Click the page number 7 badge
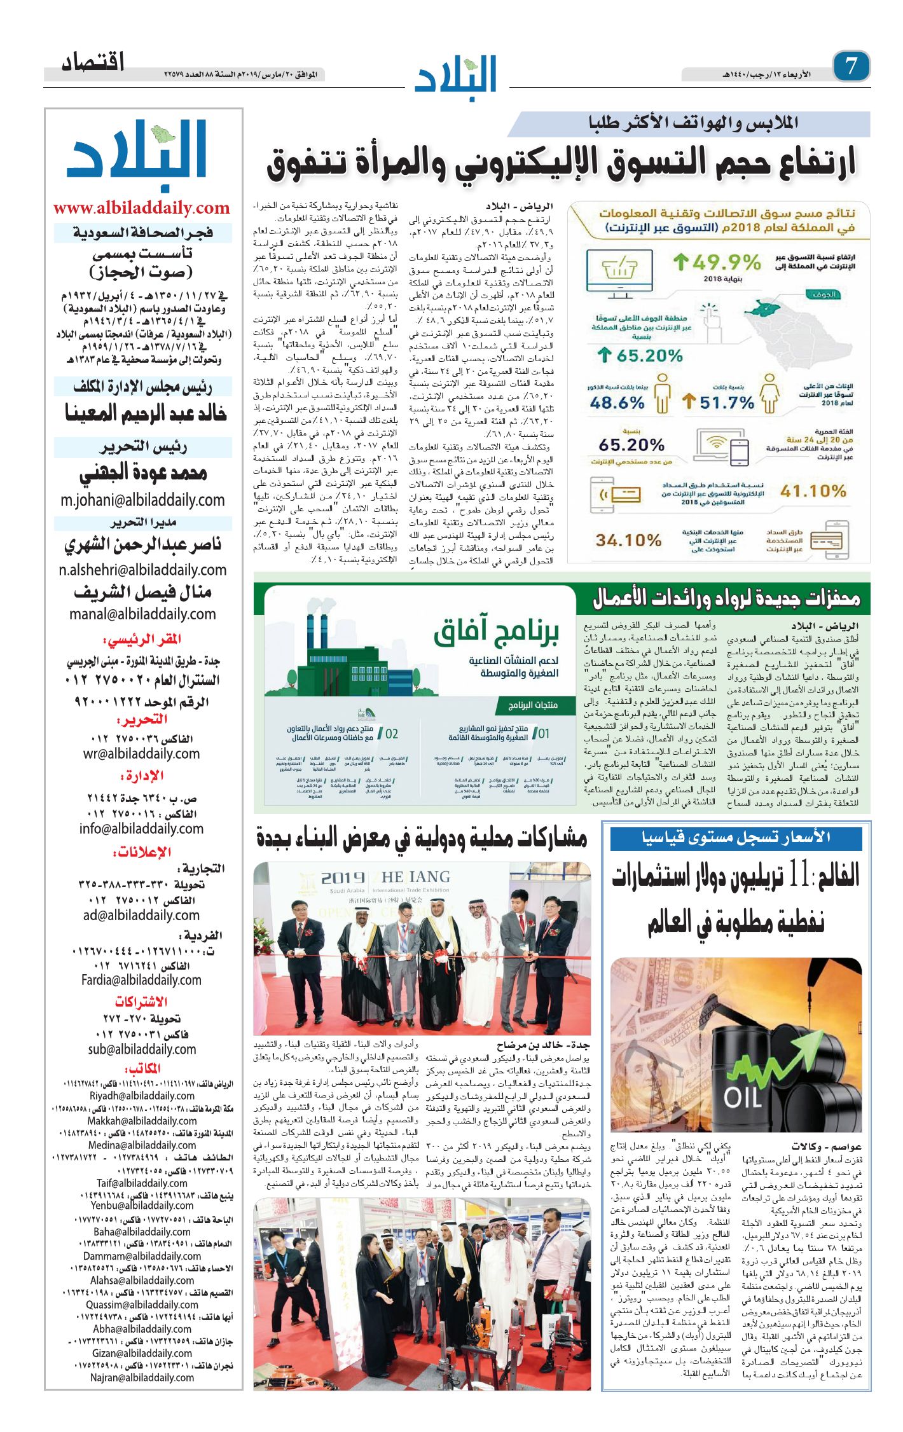851,66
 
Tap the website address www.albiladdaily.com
141,208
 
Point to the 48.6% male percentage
617,403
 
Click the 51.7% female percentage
726,403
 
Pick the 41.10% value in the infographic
813,491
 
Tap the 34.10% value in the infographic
628,540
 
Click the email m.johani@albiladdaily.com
142,500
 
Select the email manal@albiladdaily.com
142,614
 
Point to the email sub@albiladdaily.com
142,1049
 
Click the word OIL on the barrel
742,1098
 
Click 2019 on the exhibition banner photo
343,878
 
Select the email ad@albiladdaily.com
141,915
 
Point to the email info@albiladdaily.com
141,829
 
